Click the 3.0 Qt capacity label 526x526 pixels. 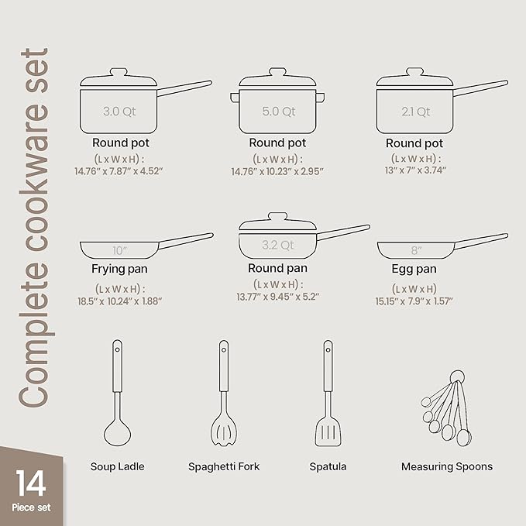[x=119, y=112]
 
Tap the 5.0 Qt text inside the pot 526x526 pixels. [x=278, y=112]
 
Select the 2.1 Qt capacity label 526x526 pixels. [x=415, y=112]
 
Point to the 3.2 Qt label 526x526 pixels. [x=278, y=246]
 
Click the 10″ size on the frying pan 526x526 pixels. [x=119, y=250]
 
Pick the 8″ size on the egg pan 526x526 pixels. [x=415, y=250]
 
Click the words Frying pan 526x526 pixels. [x=120, y=270]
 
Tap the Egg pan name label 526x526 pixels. [x=414, y=270]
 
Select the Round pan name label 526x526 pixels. [x=277, y=268]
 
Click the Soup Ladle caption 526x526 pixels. [x=117, y=466]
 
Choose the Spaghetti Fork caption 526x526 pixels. [x=224, y=466]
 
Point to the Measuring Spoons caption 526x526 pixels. [x=447, y=466]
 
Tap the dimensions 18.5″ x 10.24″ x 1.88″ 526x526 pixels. [x=120, y=302]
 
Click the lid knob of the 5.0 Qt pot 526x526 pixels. [x=277, y=70]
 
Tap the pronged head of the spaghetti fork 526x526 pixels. [x=223, y=433]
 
